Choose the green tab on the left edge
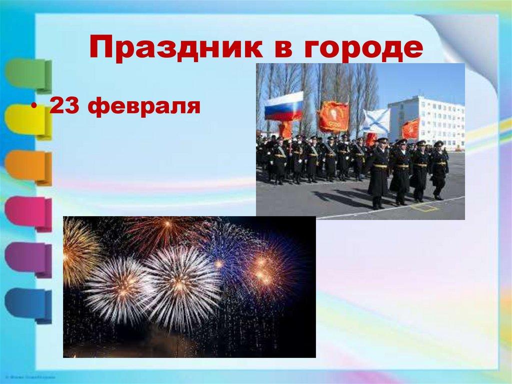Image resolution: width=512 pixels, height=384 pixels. [28, 75]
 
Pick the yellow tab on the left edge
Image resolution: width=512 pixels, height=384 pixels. [28, 121]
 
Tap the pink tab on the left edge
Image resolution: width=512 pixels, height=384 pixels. [28, 213]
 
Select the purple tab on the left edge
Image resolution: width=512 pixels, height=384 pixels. [28, 258]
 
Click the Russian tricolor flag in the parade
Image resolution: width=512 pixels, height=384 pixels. [283, 106]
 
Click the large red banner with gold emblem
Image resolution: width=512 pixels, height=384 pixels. [333, 117]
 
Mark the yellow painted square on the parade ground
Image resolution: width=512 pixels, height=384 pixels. [424, 206]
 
